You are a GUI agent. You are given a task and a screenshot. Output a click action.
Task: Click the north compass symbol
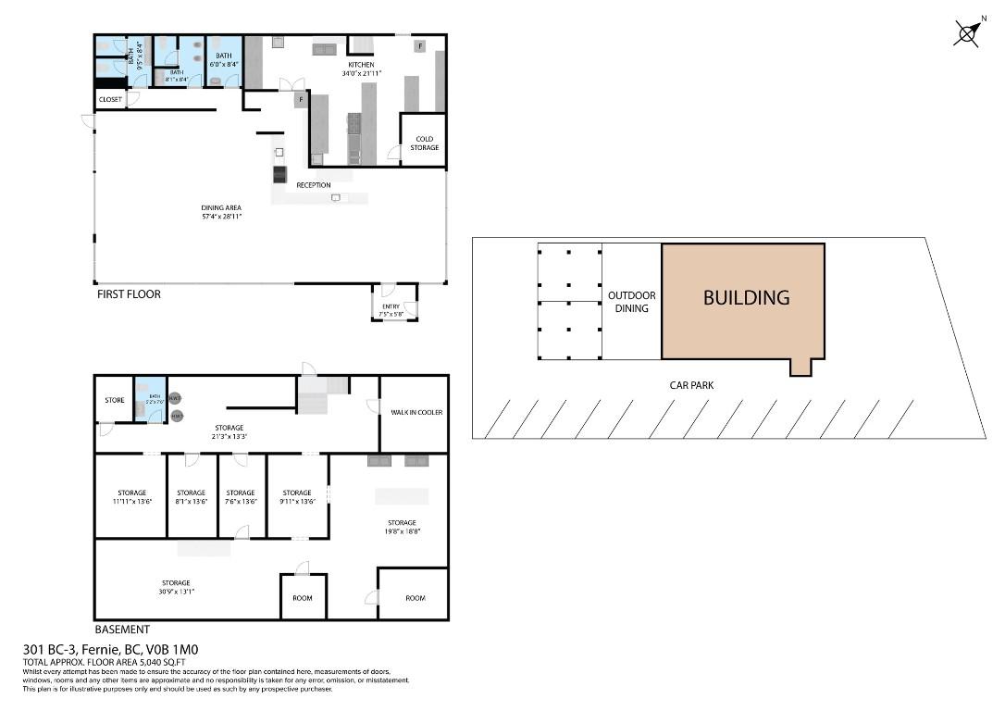click(x=967, y=33)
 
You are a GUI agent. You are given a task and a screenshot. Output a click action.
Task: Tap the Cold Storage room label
click(x=425, y=143)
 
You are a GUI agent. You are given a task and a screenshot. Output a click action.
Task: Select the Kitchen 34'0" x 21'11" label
click(x=361, y=69)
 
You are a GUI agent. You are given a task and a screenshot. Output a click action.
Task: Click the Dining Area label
click(x=221, y=212)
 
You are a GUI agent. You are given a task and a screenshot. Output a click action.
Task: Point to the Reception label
click(x=314, y=185)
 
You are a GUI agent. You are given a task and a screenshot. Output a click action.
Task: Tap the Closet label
click(x=109, y=99)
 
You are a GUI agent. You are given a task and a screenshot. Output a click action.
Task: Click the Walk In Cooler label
click(x=415, y=412)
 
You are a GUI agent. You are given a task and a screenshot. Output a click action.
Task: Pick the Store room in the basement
click(x=115, y=401)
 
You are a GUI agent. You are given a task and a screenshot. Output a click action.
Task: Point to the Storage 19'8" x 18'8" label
click(x=402, y=527)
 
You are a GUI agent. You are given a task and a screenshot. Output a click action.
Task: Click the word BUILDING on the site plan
click(x=746, y=298)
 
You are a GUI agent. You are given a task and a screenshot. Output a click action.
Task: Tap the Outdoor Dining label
click(x=631, y=302)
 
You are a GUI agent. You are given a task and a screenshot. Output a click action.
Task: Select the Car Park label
click(x=692, y=385)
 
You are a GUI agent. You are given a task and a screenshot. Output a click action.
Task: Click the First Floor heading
click(x=129, y=294)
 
